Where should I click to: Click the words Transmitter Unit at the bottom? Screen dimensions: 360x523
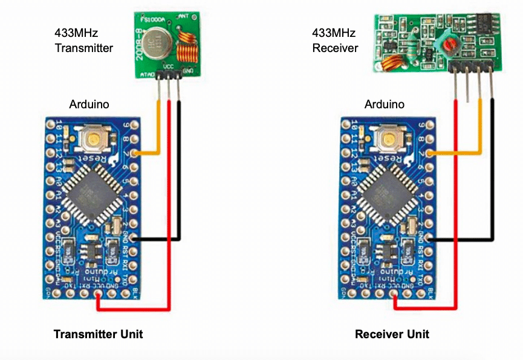[x=98, y=334]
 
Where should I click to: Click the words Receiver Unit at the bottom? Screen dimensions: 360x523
[x=392, y=334]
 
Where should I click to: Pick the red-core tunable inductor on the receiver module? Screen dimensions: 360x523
[x=448, y=44]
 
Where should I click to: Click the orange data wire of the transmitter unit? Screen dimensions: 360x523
[x=160, y=130]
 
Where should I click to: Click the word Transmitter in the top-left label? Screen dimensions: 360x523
[x=84, y=48]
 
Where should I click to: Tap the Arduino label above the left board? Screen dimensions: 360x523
[x=89, y=104]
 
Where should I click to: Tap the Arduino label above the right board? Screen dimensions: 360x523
[x=384, y=104]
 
